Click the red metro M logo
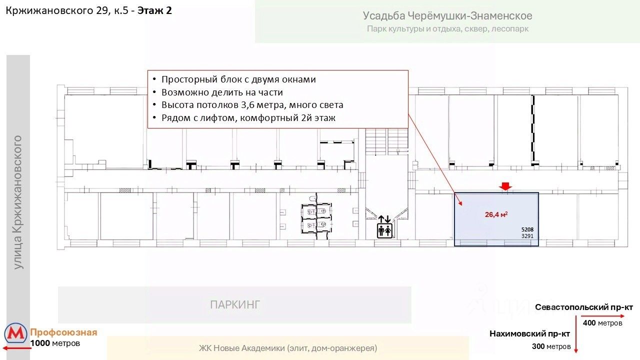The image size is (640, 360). point(16,334)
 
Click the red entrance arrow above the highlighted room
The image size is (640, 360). point(505,186)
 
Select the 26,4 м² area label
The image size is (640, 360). point(496,214)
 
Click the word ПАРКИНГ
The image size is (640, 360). point(235,304)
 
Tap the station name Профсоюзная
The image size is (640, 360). point(63,332)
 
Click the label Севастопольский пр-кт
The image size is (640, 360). point(583,307)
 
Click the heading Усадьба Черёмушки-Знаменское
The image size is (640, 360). point(447,16)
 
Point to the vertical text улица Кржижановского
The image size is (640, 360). point(18,201)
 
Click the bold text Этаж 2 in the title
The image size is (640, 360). point(155,10)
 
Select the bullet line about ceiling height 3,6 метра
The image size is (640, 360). point(252,105)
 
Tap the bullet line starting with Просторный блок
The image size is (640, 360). point(238,79)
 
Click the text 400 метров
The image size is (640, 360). point(602,323)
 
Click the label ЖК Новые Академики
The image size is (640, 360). point(287,348)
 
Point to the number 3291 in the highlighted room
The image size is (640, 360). point(528,236)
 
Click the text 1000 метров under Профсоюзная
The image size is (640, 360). point(55,343)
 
